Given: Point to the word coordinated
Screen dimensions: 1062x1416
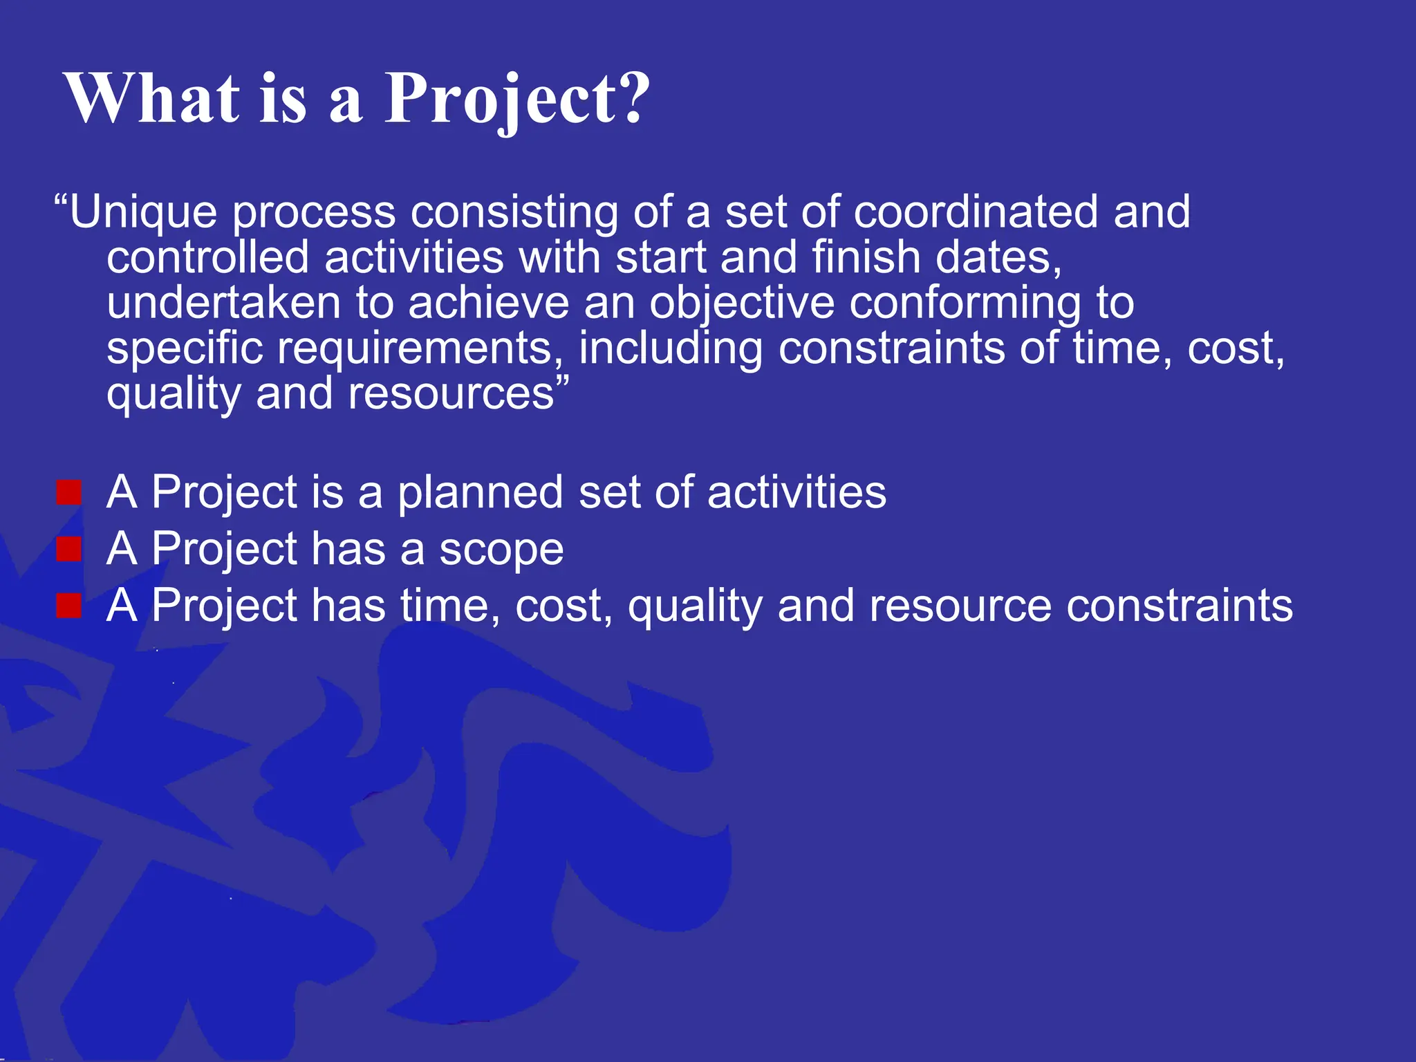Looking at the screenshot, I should [x=975, y=212].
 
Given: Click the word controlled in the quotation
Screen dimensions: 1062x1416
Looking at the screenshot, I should [x=207, y=257].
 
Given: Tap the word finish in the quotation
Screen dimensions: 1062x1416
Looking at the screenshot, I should [x=866, y=257].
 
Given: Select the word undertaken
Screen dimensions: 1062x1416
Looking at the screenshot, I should [x=223, y=303].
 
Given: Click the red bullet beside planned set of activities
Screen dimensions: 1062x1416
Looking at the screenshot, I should [x=69, y=493].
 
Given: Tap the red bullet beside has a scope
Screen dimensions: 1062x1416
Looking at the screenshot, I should [x=69, y=550].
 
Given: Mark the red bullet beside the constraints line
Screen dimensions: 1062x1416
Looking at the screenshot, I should [x=69, y=606].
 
